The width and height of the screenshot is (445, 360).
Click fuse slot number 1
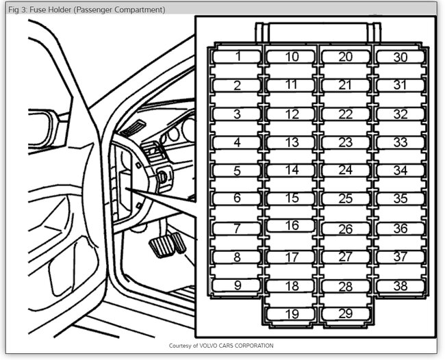[237, 57]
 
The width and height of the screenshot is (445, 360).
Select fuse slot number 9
[237, 285]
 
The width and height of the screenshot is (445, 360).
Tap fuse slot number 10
[292, 57]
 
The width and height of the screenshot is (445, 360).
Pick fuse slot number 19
[292, 314]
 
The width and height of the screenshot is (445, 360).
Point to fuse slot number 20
[346, 57]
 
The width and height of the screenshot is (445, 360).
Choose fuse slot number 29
[346, 314]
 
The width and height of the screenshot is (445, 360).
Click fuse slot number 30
[400, 57]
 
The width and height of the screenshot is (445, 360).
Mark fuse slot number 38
[400, 285]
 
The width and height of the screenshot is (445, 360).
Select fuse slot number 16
[292, 225]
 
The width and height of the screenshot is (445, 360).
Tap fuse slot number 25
[346, 199]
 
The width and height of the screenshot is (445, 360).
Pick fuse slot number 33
[400, 142]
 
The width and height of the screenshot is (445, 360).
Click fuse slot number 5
[237, 171]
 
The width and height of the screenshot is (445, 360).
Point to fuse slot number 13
[292, 142]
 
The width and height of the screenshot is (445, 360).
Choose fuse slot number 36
[400, 229]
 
